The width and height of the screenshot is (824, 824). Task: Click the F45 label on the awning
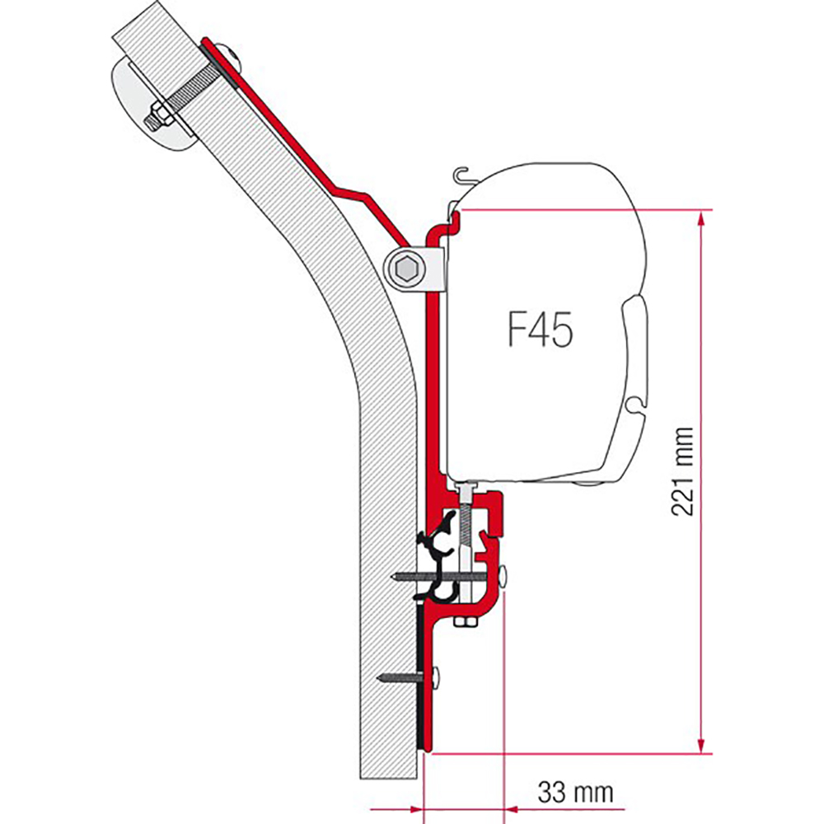point(541,330)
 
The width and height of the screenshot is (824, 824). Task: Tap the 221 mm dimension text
point(682,471)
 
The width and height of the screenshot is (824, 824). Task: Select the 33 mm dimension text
point(575,792)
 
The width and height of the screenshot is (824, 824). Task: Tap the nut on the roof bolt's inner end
point(159,117)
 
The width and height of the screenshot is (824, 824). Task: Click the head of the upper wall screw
point(504,577)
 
